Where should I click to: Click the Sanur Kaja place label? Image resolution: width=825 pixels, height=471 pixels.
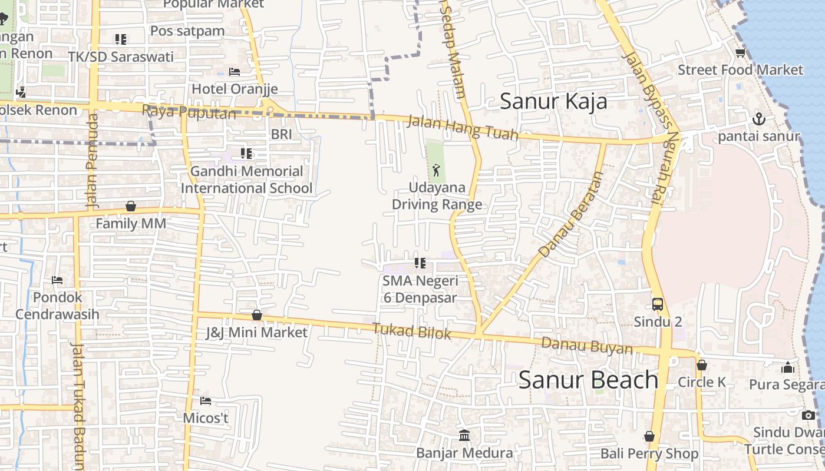pyautogui.click(x=553, y=101)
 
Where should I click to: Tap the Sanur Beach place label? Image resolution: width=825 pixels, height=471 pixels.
pyautogui.click(x=588, y=380)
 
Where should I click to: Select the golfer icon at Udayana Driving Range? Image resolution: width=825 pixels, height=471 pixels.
pyautogui.click(x=436, y=171)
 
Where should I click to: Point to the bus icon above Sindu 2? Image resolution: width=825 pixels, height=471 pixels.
pyautogui.click(x=658, y=304)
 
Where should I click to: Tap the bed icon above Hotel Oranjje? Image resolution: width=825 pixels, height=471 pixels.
pyautogui.click(x=235, y=72)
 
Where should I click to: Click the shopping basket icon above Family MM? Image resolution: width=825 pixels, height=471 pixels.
pyautogui.click(x=131, y=206)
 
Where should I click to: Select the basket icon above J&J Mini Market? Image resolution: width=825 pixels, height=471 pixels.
pyautogui.click(x=257, y=315)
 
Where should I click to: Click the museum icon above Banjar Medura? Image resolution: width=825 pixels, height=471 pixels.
pyautogui.click(x=464, y=436)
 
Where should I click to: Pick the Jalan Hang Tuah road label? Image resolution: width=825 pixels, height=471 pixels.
pyautogui.click(x=463, y=128)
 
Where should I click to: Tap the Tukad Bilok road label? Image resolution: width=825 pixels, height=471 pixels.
pyautogui.click(x=412, y=331)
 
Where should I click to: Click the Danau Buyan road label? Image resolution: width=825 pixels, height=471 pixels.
pyautogui.click(x=586, y=346)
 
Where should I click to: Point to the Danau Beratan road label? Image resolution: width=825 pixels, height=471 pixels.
pyautogui.click(x=570, y=214)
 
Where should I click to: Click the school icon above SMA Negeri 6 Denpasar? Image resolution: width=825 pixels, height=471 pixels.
pyautogui.click(x=420, y=263)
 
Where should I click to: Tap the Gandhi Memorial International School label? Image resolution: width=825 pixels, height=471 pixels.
pyautogui.click(x=246, y=180)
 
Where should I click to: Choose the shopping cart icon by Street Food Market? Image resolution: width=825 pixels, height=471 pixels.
pyautogui.click(x=740, y=53)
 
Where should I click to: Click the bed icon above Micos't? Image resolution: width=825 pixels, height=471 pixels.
pyautogui.click(x=206, y=401)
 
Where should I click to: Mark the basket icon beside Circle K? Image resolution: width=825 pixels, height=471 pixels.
pyautogui.click(x=701, y=365)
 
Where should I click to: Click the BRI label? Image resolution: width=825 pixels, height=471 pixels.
pyautogui.click(x=281, y=134)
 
